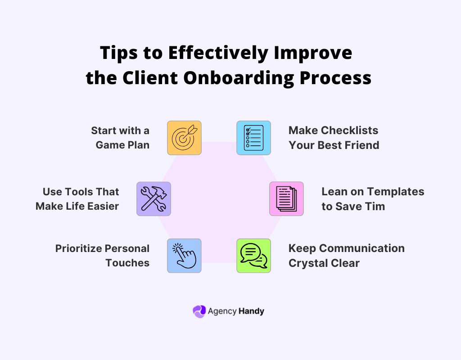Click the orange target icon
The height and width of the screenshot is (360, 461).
184,138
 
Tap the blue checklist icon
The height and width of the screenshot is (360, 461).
254,138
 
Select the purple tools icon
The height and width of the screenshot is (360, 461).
154,199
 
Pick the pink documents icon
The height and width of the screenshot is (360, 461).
286,199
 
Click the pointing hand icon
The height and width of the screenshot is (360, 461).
184,256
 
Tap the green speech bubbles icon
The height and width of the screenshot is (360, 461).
254,256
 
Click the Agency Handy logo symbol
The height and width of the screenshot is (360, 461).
199,311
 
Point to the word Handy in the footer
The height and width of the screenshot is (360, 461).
253,311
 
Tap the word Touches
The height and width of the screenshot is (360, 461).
127,263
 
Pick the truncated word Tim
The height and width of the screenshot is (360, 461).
374,206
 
